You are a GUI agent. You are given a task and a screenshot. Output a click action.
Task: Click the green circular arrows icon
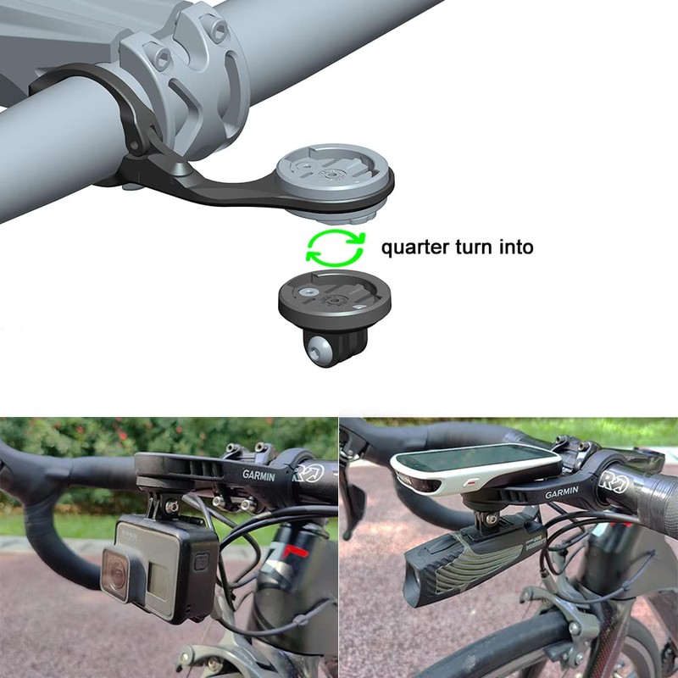(335, 247)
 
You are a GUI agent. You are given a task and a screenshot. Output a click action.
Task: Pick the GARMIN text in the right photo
(562, 492)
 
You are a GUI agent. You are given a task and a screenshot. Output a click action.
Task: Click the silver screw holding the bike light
(492, 519)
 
